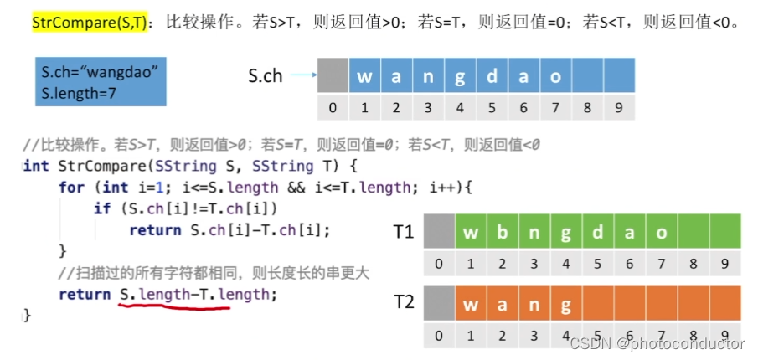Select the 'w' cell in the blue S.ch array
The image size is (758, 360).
pos(364,75)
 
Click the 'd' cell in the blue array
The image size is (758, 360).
pos(492,75)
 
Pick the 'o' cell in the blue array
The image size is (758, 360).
pos(555,75)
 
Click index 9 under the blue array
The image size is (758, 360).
pos(619,107)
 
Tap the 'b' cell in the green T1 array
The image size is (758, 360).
pos(503,231)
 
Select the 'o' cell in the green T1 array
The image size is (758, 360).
pos(662,231)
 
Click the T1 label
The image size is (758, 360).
pos(404,232)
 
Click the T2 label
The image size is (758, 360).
pos(404,302)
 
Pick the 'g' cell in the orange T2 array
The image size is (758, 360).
pos(566,303)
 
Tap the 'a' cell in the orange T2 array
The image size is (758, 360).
pos(503,303)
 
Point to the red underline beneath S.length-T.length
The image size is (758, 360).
pos(173,307)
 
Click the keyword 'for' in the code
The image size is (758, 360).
pos(71,188)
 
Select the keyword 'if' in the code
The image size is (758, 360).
pos(102,209)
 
